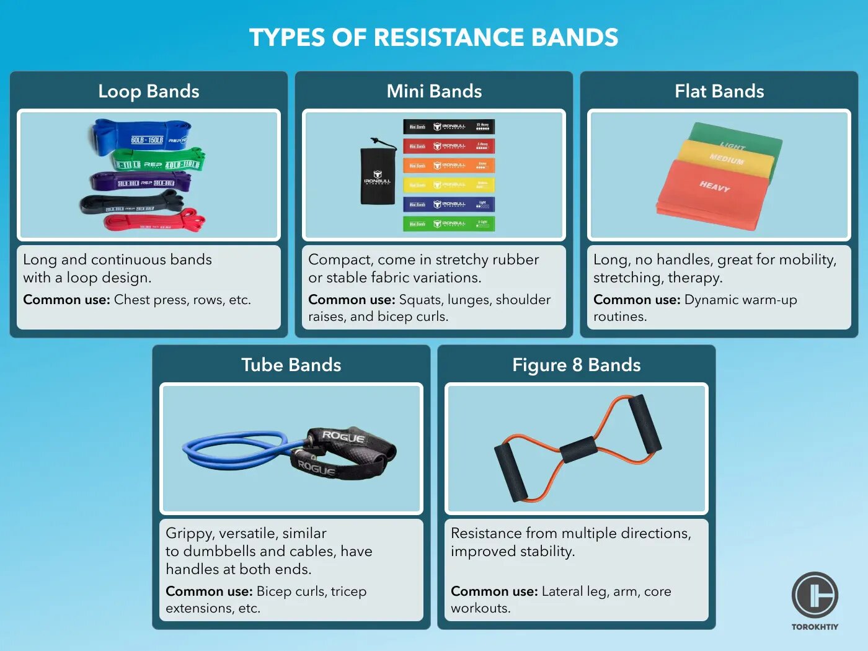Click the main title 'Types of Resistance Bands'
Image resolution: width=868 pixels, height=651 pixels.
(433, 37)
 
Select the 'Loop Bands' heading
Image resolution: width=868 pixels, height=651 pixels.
(149, 91)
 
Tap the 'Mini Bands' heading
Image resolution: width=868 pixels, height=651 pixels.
(434, 91)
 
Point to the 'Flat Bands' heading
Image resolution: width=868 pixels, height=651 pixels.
(719, 91)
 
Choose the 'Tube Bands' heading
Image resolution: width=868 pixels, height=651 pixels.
(291, 365)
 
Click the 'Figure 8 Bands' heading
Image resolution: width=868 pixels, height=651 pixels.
(576, 365)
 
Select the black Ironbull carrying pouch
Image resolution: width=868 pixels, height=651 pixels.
(378, 176)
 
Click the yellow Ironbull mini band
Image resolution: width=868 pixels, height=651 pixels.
(449, 184)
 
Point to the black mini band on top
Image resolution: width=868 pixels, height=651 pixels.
(449, 127)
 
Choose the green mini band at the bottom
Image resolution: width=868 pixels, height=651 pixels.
(449, 223)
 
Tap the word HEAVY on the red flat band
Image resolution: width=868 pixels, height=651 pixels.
(714, 186)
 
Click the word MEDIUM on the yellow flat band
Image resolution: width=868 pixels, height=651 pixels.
(726, 159)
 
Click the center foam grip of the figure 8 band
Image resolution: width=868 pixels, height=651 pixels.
(578, 449)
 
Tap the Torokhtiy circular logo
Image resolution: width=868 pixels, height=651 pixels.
(815, 595)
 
